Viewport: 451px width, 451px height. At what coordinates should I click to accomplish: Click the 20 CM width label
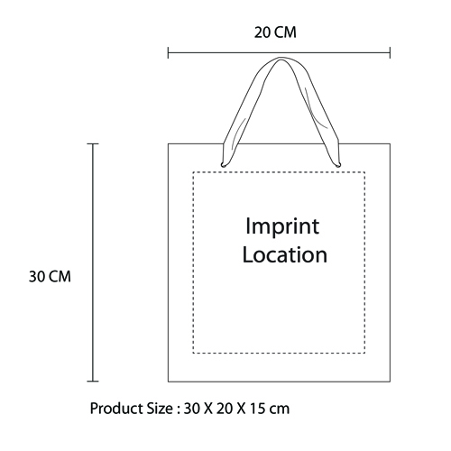[275, 32]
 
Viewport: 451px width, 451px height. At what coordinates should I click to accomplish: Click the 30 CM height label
[50, 277]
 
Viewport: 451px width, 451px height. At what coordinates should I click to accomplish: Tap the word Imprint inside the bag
[282, 227]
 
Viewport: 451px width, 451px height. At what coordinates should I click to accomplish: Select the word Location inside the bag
[285, 255]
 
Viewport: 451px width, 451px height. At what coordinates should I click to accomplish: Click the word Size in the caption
[160, 409]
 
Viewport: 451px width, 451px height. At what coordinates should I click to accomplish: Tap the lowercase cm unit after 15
[280, 410]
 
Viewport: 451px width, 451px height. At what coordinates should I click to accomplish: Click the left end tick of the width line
[168, 52]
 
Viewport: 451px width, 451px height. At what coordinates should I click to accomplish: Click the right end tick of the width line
[390, 52]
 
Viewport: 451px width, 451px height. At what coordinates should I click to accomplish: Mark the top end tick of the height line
[93, 144]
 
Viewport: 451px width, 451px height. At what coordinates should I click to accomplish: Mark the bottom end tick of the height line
[93, 382]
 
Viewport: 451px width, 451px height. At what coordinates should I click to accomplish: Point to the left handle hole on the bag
[223, 164]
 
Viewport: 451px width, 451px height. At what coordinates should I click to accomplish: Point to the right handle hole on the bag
[338, 164]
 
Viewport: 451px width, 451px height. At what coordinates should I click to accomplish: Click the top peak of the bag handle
[281, 58]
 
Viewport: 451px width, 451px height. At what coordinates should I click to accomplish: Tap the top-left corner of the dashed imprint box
[193, 172]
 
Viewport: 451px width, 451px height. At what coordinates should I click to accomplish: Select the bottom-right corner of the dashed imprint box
[364, 353]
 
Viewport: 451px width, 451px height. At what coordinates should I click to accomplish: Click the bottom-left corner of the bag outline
[168, 382]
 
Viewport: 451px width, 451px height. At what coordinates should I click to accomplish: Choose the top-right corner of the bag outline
[391, 143]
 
